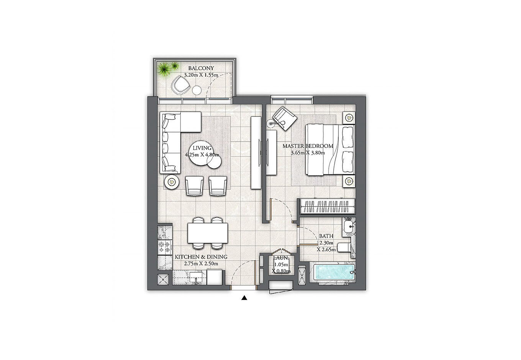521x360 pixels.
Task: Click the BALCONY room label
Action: pos(201,68)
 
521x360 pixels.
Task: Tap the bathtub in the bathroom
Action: pos(334,272)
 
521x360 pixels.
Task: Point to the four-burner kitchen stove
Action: pos(165,247)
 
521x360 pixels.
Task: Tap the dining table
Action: pos(208,233)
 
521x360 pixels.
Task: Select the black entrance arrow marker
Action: pos(244,298)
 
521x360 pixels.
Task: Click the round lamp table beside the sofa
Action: pos(172,182)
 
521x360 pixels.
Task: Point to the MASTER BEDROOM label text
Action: pos(308,146)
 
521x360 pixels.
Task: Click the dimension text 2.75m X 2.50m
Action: pos(201,264)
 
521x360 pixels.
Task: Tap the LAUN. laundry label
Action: pos(281,258)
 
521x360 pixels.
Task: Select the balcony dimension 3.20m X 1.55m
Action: pos(201,75)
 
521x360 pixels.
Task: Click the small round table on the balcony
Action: pos(197,90)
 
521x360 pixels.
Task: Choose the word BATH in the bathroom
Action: pos(326,236)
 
